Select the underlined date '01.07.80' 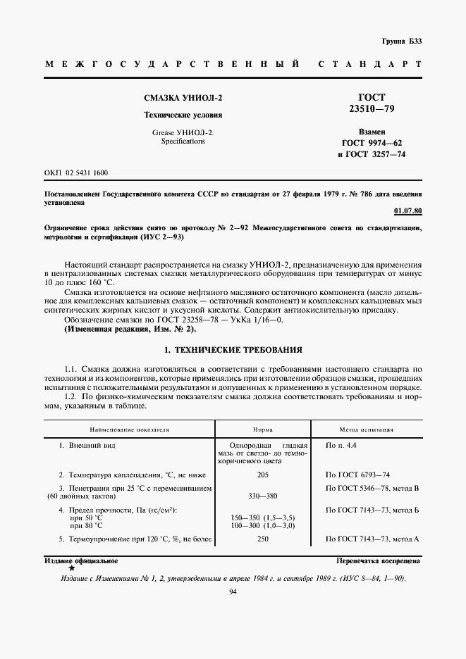click(407, 211)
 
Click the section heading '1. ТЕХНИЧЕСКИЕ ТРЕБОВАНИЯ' click(233, 350)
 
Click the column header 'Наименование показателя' click(129, 429)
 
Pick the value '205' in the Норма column click(263, 475)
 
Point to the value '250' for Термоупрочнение click(263, 539)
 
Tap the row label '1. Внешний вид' click(87, 446)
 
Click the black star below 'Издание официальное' click(71, 567)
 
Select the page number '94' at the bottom click(233, 593)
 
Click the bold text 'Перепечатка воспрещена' click(378, 561)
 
